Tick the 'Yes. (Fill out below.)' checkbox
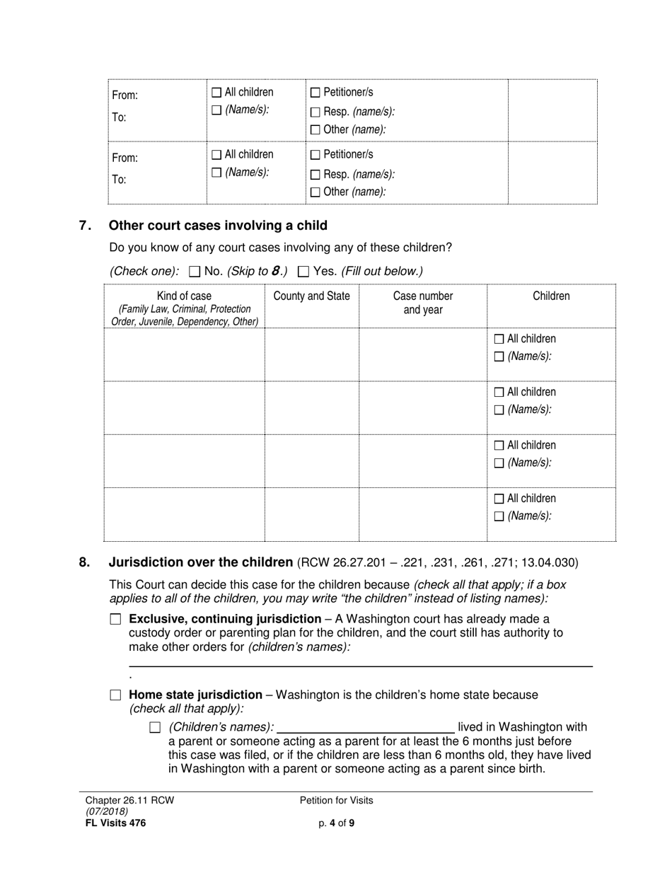tap(304, 271)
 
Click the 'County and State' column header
tap(311, 296)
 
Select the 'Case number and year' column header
tap(422, 303)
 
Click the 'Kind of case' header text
tap(184, 296)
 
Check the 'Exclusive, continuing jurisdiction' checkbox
tap(116, 619)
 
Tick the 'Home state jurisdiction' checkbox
tap(116, 695)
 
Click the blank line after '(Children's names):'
tap(366, 728)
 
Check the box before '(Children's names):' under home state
tap(156, 727)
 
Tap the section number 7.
tap(85, 226)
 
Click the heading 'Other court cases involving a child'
tap(218, 226)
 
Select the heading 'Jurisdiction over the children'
tap(200, 563)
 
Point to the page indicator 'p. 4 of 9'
tap(336, 823)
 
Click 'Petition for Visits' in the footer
tap(336, 801)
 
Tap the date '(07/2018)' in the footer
tap(103, 812)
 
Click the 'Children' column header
tap(550, 296)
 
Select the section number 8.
tap(85, 563)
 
